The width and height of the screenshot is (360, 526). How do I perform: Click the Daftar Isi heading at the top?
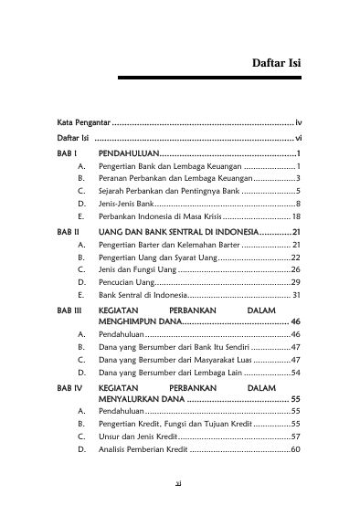276,64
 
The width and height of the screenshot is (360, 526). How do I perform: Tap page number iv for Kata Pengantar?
298,121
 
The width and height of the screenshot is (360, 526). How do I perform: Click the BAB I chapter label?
67,154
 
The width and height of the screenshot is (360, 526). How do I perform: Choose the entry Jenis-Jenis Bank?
132,205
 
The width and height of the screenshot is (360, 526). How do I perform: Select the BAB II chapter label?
69,234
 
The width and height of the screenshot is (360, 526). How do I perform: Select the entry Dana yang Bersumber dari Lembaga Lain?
174,373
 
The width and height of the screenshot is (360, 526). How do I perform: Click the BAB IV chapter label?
70,389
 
